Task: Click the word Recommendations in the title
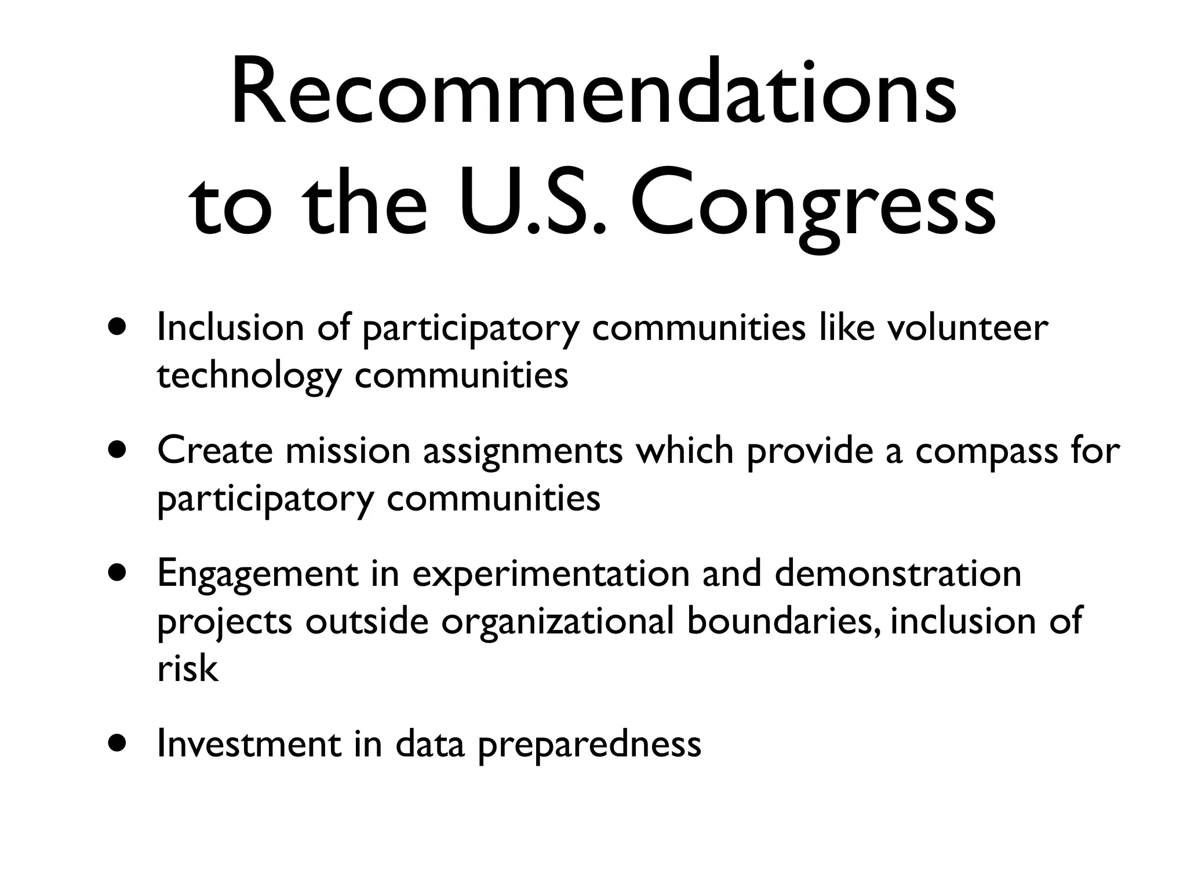593,93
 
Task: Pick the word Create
214,451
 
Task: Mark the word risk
187,668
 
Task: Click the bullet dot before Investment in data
119,744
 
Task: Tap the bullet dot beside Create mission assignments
119,451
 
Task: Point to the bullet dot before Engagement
119,573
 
